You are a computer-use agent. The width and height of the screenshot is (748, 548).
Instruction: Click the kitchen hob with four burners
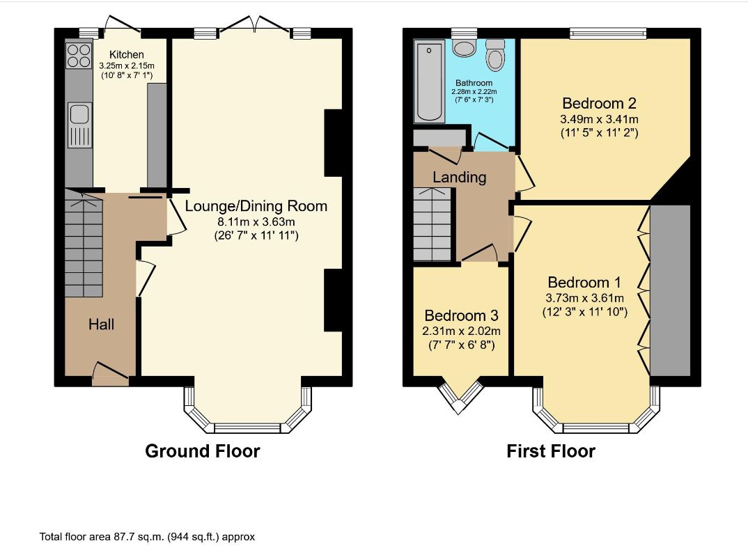(79, 55)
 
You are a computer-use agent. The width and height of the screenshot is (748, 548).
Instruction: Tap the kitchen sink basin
(79, 114)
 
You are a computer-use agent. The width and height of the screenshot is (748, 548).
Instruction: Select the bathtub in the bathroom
(429, 81)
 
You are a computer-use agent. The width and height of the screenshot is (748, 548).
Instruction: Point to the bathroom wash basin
(463, 47)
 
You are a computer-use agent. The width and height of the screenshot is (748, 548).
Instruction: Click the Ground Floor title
(202, 451)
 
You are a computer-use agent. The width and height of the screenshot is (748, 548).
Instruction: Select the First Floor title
(551, 451)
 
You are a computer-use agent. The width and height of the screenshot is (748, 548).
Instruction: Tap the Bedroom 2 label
(599, 103)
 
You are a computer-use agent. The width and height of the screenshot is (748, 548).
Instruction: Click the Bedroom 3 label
(461, 315)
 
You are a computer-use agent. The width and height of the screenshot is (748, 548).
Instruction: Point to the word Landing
(460, 178)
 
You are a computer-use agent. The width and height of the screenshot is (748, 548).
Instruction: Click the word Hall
(101, 324)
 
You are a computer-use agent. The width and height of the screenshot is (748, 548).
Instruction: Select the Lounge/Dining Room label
(256, 206)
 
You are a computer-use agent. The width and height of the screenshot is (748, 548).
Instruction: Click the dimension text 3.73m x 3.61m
(585, 298)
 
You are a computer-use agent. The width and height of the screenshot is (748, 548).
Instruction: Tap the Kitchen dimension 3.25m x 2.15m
(127, 66)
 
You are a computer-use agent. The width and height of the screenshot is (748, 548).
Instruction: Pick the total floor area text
(147, 537)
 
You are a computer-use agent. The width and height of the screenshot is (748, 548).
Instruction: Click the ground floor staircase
(84, 243)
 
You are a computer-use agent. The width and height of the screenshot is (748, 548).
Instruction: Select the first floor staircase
(433, 224)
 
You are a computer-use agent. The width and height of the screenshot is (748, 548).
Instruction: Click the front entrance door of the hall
(111, 375)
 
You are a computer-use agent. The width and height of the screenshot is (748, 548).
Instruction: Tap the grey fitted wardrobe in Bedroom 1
(670, 290)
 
